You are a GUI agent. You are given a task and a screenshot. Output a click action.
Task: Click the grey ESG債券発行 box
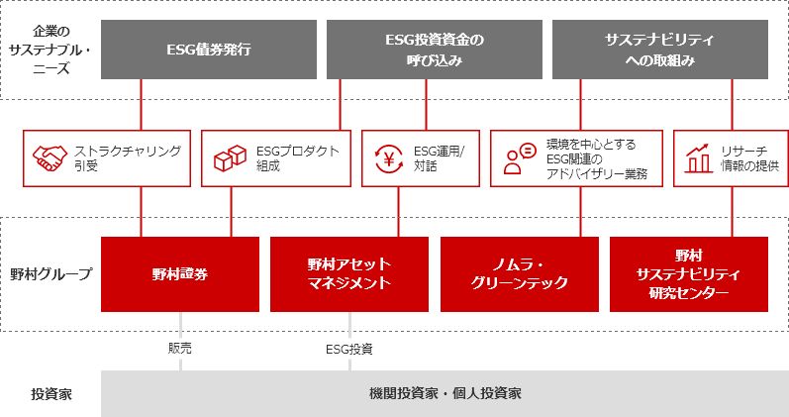[209, 50]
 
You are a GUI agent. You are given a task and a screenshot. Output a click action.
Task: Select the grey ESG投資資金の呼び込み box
[435, 50]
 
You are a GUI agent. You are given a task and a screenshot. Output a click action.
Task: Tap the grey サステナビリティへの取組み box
[660, 50]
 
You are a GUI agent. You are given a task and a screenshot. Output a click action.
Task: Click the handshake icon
[49, 158]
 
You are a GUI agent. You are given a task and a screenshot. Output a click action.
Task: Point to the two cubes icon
[230, 158]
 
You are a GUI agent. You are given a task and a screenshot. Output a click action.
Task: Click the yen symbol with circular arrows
[389, 158]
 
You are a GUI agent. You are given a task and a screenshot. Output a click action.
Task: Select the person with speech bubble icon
[520, 158]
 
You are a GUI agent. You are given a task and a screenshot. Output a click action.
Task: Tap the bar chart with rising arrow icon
[699, 158]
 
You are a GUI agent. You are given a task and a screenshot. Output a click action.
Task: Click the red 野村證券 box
[180, 274]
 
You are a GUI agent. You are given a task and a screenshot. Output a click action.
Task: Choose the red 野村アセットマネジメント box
[349, 274]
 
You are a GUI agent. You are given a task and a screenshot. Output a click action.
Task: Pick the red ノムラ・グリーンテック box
[520, 274]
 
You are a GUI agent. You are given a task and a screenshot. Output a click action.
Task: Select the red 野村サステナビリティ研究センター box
[689, 274]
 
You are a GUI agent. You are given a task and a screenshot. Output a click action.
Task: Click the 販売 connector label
[179, 349]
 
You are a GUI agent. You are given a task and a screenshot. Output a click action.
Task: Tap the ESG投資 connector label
[349, 349]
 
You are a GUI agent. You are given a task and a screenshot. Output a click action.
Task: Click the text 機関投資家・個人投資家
[444, 393]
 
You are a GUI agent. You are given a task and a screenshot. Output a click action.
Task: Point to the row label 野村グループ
[50, 274]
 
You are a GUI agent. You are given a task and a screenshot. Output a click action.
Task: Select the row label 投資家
[50, 394]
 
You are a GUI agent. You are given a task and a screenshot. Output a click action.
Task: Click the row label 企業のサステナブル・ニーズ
[50, 50]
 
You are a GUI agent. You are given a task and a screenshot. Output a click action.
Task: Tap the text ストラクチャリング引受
[128, 158]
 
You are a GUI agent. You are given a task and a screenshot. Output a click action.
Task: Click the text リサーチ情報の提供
[749, 158]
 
